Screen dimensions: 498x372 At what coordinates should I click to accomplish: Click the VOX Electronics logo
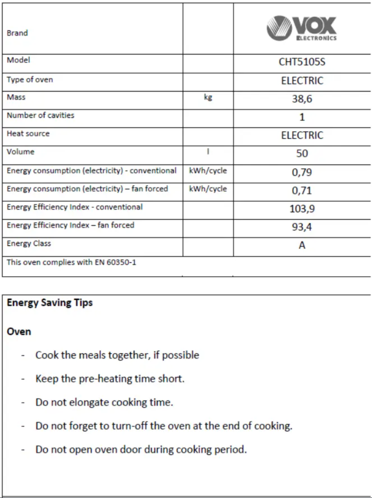301,28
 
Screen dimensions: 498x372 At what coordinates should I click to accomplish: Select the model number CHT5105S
302,62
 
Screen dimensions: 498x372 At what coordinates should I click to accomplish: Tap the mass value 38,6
302,99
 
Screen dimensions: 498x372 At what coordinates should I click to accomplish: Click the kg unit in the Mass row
208,97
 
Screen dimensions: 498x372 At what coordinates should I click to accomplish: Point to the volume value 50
302,154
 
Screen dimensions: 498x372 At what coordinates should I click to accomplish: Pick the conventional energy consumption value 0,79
302,172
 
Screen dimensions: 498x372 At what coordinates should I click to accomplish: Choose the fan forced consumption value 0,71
302,190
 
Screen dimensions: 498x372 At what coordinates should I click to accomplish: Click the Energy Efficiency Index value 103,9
302,208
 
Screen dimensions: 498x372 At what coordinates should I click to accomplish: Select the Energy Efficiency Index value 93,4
302,227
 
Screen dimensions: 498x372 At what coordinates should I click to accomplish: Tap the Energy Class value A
302,245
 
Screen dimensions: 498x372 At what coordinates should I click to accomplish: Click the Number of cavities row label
40,116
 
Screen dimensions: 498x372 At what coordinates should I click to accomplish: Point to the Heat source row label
28,134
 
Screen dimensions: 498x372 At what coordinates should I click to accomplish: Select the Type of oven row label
30,79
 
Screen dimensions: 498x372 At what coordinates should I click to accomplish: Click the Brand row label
17,33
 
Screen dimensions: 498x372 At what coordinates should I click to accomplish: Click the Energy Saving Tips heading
50,303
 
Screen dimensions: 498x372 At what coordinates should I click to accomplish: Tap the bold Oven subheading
19,331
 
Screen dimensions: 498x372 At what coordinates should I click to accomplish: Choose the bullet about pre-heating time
110,379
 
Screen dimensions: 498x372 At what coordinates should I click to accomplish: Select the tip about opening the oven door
141,450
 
